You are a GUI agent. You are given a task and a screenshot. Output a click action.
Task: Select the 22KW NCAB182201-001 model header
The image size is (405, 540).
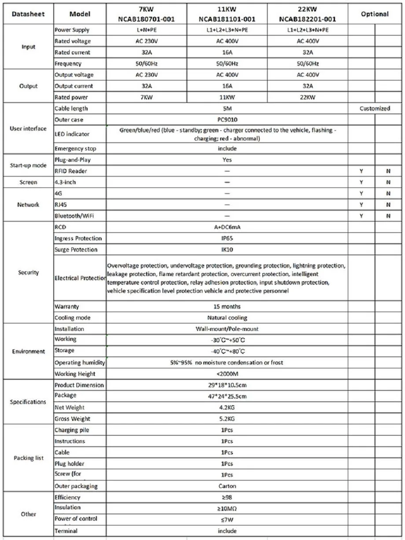tap(308, 14)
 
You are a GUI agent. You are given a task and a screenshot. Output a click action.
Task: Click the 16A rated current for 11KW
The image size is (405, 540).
tap(227, 52)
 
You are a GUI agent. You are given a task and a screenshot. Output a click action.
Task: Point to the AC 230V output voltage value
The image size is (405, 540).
tap(146, 75)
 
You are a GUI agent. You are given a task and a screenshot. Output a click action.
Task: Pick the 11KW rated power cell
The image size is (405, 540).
tap(227, 97)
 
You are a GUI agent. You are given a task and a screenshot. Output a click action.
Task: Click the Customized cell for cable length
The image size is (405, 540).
tap(375, 108)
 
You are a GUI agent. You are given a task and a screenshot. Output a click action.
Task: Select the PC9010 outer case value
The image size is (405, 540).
tap(227, 119)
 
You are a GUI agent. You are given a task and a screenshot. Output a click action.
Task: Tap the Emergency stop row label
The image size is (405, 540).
tap(75, 149)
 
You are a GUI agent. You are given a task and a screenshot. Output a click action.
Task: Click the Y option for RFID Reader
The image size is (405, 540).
tap(361, 171)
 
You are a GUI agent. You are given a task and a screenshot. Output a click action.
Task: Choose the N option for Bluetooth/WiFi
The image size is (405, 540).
tap(388, 216)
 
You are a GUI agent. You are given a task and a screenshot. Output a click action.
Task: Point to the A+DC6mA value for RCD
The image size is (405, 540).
tap(227, 227)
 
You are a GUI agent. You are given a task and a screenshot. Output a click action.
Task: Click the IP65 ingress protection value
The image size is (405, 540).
tap(227, 239)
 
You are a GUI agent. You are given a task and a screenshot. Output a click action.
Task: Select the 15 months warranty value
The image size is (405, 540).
tap(227, 306)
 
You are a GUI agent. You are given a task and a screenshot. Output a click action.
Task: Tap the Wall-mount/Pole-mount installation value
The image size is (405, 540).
tap(227, 329)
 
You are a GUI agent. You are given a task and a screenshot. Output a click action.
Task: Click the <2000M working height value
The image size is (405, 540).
tap(227, 374)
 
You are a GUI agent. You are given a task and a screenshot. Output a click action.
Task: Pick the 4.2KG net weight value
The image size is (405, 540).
tap(227, 408)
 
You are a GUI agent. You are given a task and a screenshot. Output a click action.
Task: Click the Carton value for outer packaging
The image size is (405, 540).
tap(227, 486)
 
